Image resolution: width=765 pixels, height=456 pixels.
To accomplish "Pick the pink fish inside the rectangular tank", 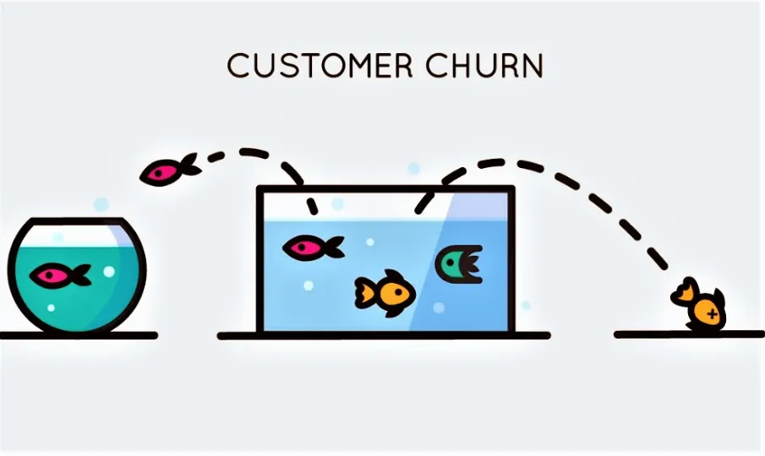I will click(312, 247).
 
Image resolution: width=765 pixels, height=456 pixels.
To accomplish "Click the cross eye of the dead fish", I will click(712, 314).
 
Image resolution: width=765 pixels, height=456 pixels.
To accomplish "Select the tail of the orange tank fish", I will click(364, 292).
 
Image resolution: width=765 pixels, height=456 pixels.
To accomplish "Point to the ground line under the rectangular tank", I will click(384, 335).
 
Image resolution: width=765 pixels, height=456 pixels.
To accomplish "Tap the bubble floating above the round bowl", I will click(101, 204).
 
